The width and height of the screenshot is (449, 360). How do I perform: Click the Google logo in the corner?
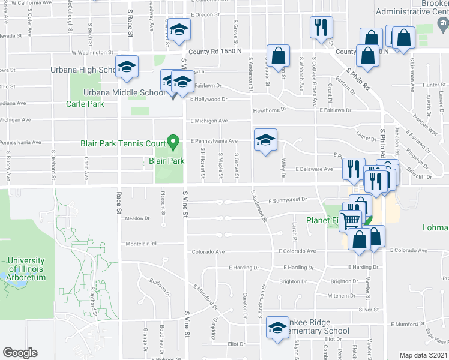tap(20, 353)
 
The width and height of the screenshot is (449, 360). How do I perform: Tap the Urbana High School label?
tap(83, 70)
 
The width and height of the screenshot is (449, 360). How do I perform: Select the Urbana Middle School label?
tap(124, 92)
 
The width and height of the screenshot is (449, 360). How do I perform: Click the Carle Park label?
tap(85, 104)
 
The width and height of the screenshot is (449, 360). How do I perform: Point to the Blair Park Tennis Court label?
tap(123, 143)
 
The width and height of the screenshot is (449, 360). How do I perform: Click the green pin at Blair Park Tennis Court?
tap(173, 142)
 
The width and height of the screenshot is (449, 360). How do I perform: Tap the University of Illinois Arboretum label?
tap(26, 269)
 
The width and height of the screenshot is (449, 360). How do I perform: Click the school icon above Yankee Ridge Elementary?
tap(277, 328)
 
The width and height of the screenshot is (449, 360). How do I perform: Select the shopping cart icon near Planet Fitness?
tap(351, 220)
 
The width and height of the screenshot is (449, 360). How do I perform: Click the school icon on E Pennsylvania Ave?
tap(265, 140)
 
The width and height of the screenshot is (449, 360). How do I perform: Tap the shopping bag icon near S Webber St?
tap(278, 56)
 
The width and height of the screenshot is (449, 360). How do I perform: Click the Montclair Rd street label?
tap(141, 244)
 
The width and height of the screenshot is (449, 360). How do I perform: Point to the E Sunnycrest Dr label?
tap(288, 200)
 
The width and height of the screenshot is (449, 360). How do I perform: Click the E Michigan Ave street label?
tap(209, 121)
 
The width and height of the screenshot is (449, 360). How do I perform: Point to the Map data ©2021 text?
tap(424, 355)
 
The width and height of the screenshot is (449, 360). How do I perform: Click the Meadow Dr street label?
tap(137, 218)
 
